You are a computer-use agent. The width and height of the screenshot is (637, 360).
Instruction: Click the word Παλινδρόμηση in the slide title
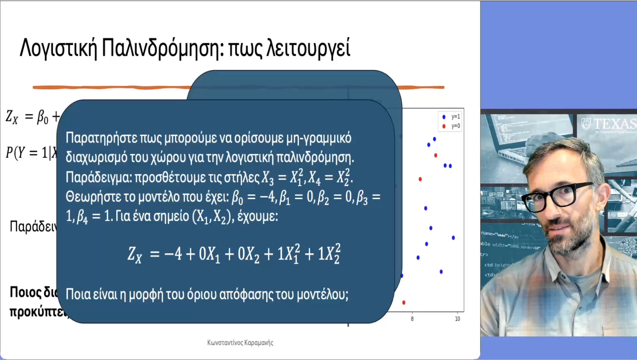[x=161, y=48]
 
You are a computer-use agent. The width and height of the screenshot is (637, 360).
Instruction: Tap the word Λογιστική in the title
[x=58, y=48]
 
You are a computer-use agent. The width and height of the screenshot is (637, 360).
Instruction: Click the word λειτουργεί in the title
[x=308, y=48]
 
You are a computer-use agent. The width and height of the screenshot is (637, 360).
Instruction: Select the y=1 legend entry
[x=452, y=117]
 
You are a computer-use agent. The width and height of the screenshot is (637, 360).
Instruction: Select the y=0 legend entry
[x=452, y=126]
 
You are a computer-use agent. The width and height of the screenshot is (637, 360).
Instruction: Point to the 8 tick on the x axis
[x=412, y=319]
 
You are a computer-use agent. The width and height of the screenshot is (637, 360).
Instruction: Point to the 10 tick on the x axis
[x=457, y=319]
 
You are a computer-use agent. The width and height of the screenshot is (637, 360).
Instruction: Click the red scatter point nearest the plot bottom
[x=403, y=302]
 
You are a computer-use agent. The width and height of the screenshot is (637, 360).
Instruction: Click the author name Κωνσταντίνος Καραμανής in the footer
[x=240, y=343]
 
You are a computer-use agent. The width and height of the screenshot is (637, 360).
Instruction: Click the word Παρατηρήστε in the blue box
[x=101, y=138]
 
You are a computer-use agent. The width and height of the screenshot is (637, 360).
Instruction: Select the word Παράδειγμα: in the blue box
[x=99, y=177]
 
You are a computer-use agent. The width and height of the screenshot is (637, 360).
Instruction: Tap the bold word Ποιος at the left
[x=25, y=292]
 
